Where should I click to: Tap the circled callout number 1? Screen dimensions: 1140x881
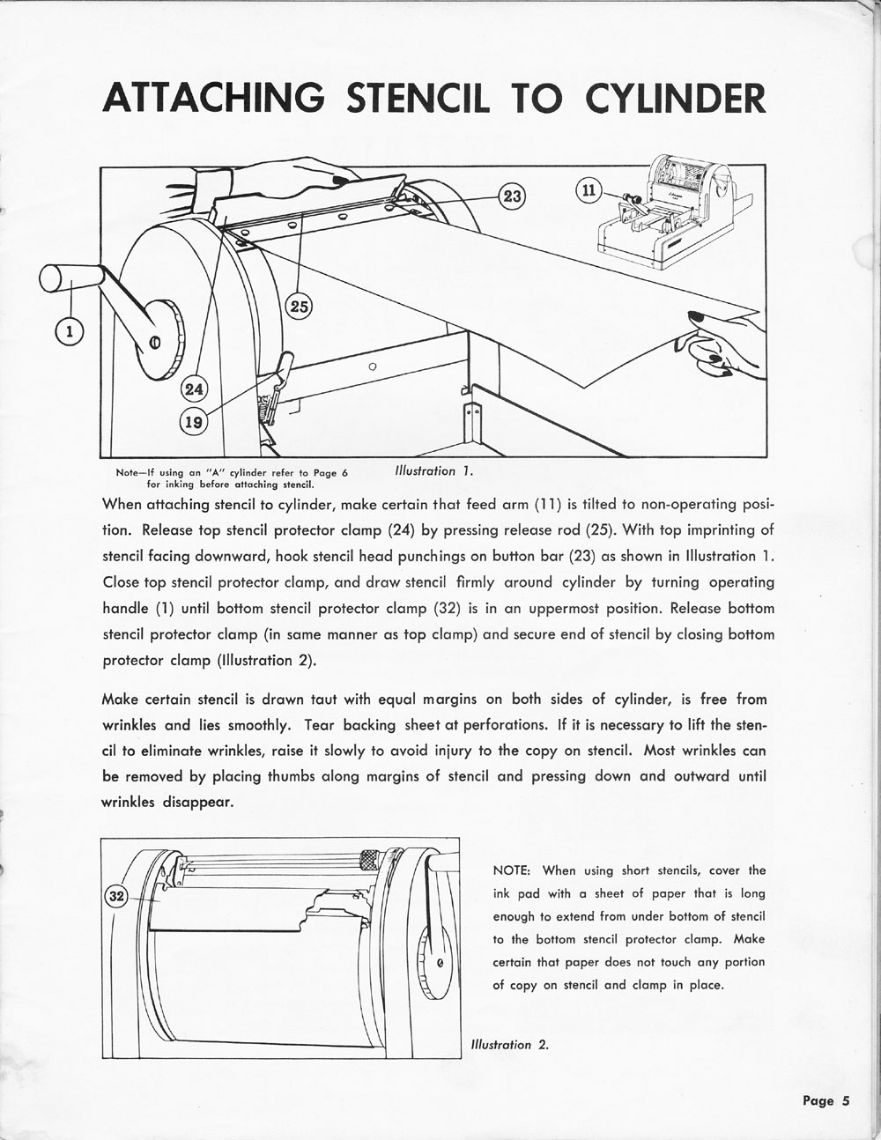click(x=70, y=331)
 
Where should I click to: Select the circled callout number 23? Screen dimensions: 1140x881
click(x=512, y=196)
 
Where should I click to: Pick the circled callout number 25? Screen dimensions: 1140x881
click(x=300, y=307)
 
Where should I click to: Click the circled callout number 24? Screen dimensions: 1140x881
click(x=193, y=389)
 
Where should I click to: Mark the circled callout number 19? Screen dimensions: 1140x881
click(x=193, y=422)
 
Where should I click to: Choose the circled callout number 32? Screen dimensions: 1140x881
click(x=116, y=896)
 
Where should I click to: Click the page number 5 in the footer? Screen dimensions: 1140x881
click(x=844, y=1100)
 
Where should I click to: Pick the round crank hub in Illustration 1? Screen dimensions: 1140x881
click(x=156, y=340)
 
